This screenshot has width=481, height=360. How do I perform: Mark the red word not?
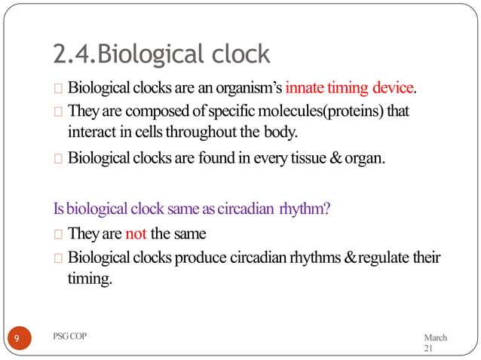pos(136,233)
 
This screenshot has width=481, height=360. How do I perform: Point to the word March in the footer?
pos(436,337)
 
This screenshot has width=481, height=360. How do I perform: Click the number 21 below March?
pos(429,349)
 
